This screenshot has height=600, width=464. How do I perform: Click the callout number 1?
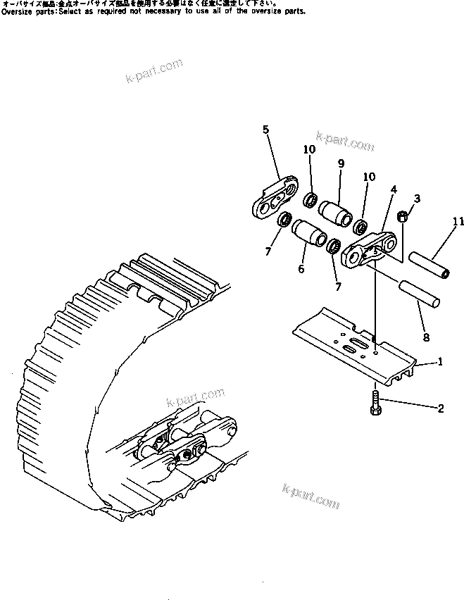click(x=440, y=362)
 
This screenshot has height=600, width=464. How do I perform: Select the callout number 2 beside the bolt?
click(x=440, y=407)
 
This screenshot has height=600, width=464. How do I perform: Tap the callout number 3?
click(x=417, y=200)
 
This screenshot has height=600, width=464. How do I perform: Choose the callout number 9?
click(x=340, y=163)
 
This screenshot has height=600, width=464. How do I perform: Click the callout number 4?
click(x=394, y=189)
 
